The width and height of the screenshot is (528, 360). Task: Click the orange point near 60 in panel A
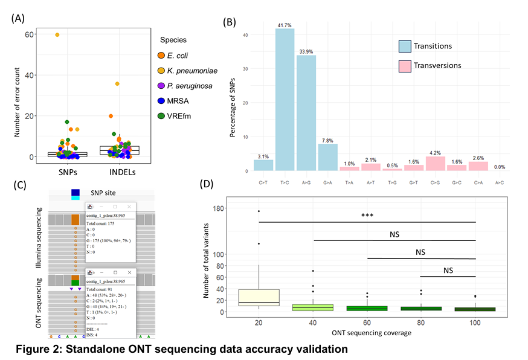[x=57, y=35]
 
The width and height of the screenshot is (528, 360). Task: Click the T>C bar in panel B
[x=285, y=100]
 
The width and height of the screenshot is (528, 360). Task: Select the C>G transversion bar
[x=436, y=164]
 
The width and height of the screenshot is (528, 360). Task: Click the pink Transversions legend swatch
[x=404, y=65]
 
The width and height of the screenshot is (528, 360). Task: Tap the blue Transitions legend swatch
[x=404, y=46]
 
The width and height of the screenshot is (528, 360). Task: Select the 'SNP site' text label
[x=108, y=192]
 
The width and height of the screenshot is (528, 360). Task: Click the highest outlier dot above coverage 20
[x=259, y=211]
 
